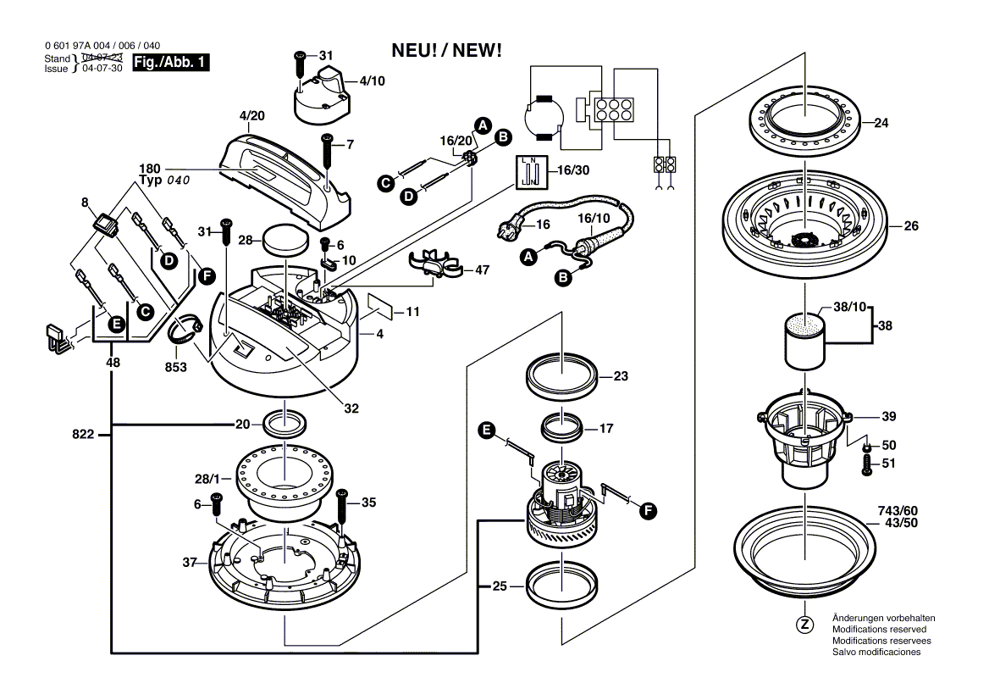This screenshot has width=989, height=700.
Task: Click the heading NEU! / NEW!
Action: tap(447, 51)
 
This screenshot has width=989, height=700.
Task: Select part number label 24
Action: tap(881, 124)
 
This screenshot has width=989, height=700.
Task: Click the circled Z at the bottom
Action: tap(804, 625)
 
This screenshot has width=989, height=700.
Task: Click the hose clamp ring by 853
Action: tap(185, 331)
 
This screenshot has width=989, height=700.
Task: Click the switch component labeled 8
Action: tap(106, 225)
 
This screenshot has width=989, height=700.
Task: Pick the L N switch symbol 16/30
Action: tap(530, 172)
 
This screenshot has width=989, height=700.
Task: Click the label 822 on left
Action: tap(84, 434)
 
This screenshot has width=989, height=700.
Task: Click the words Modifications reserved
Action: tap(879, 630)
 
